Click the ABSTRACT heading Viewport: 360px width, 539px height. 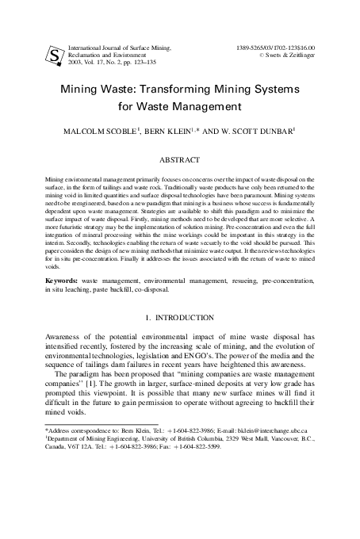click(x=180, y=159)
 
